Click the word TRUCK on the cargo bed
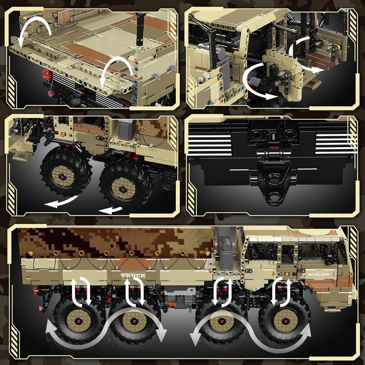[133, 276]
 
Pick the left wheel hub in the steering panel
[63, 175]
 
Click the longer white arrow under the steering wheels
[61, 202]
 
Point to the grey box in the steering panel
[128, 129]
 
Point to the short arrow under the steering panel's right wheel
[110, 210]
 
